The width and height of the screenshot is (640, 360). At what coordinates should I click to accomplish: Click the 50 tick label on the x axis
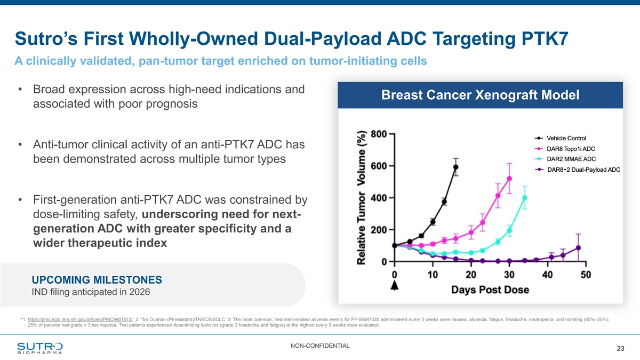coord(586,274)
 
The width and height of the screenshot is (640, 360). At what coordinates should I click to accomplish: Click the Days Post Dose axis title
coord(490,290)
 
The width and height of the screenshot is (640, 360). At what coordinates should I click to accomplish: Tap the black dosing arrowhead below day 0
coord(395,287)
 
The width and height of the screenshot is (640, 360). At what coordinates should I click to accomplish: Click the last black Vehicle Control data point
coord(456,167)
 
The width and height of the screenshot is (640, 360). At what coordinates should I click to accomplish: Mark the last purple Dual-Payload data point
coord(578,248)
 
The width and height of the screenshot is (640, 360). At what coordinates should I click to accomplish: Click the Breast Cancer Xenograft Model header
coord(481,96)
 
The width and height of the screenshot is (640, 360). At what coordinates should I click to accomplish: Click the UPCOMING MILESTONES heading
coord(97,280)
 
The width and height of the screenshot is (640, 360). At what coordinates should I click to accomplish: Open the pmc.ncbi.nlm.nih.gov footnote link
coord(80,319)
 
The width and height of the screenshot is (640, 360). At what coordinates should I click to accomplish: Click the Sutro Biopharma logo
coord(39,347)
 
